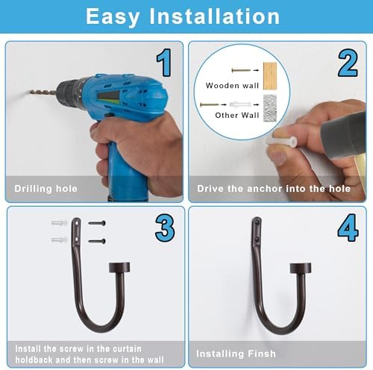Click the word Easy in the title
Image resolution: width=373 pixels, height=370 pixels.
113,16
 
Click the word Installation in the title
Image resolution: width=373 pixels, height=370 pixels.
215,16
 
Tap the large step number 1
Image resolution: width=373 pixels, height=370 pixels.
164,63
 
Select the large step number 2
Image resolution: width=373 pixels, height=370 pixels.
348,63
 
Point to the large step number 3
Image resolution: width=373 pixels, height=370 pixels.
165,228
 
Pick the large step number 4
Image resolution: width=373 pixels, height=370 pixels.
348,228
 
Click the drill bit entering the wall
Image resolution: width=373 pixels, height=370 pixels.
43,92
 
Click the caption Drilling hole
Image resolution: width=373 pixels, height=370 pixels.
46,189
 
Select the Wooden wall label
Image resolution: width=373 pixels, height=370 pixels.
232,86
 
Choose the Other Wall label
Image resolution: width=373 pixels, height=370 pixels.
237,115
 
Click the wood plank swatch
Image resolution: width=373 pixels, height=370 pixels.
270,76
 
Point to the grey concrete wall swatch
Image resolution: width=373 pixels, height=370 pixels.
270,108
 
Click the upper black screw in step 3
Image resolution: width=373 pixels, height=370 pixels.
97,223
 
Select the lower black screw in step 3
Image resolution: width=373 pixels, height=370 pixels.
97,241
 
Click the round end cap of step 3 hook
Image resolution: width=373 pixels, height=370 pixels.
119,267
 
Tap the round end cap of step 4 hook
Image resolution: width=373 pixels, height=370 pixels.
301,268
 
